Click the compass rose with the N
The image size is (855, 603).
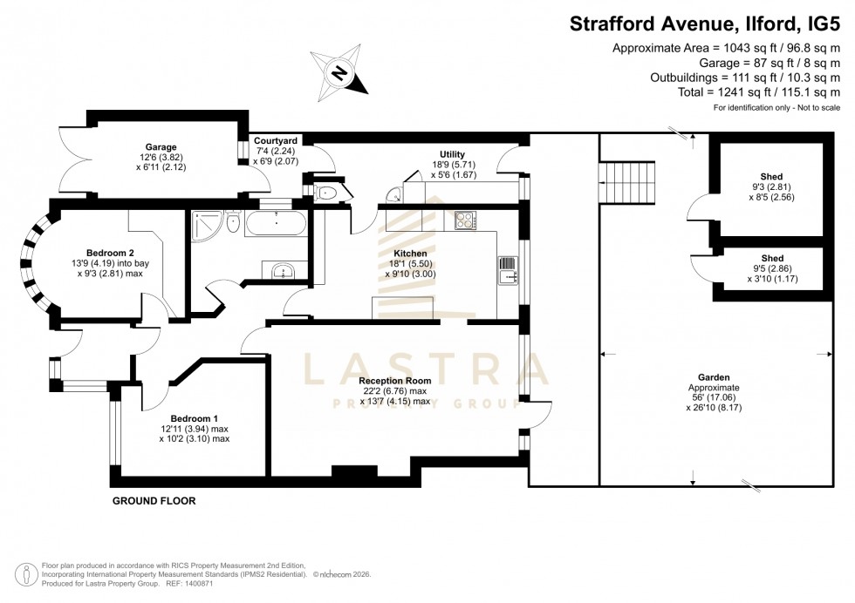[x=341, y=72]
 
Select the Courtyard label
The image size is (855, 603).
[x=276, y=140]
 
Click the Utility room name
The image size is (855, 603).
[x=452, y=154]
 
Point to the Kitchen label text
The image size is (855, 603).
[x=411, y=254]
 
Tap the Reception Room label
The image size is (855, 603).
[x=395, y=381]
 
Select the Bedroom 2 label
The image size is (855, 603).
[x=110, y=253]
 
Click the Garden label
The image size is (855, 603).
[x=713, y=376]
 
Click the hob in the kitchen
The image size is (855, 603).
[x=462, y=220]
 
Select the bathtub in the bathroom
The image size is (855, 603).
[x=275, y=225]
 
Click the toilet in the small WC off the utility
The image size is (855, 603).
[x=326, y=193]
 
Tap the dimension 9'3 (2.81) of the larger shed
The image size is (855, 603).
[x=769, y=186]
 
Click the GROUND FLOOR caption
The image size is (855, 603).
[x=154, y=501]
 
